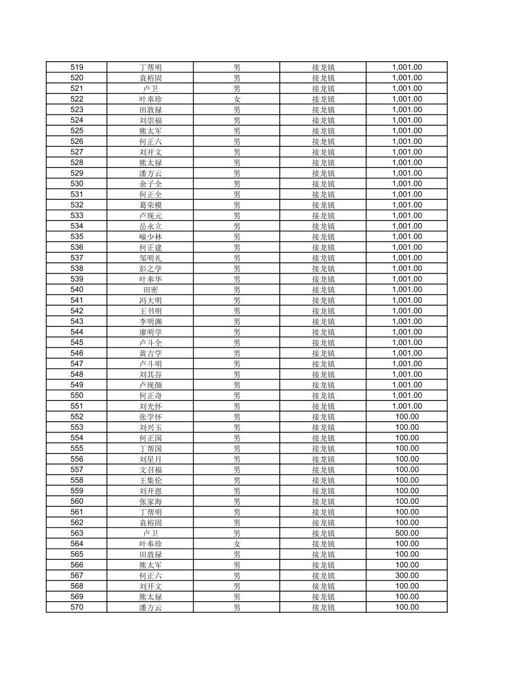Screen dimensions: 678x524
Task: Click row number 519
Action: (x=76, y=67)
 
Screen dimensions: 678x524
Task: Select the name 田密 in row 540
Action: (x=150, y=290)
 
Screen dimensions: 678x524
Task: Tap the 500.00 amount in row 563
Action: (x=406, y=533)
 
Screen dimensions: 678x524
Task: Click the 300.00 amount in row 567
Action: (x=406, y=576)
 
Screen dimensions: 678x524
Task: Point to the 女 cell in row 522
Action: (x=237, y=99)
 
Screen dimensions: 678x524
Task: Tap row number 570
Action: (x=76, y=607)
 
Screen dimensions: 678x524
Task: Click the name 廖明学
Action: (x=150, y=332)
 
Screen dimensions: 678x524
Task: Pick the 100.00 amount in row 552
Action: (x=406, y=417)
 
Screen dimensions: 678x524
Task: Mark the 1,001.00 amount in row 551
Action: (x=406, y=406)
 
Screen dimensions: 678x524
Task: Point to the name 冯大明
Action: (x=150, y=300)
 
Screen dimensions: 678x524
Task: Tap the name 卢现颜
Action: (x=150, y=385)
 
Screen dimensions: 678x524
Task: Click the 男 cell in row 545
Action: (x=237, y=343)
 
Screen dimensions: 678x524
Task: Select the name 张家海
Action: (x=150, y=502)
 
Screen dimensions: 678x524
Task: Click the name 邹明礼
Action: (x=150, y=258)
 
